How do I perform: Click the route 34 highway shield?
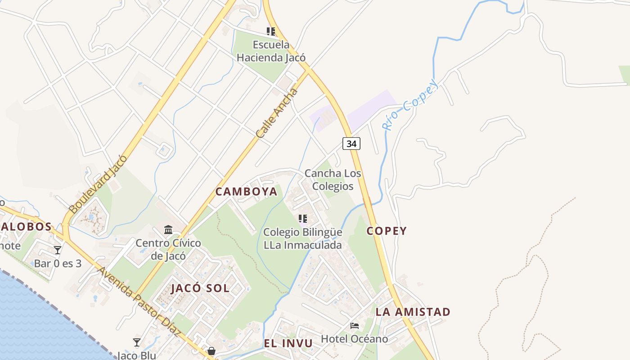coord(351,144)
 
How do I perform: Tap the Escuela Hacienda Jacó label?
coord(271,51)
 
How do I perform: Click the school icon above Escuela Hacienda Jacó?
coord(270,31)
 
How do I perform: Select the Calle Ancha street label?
coord(277,113)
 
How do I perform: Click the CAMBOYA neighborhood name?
coord(246,192)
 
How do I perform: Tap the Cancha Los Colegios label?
coord(333,180)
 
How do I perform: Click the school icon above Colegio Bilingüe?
coord(302,219)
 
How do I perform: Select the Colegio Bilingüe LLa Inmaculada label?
coord(302,238)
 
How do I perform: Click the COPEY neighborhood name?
coord(387,231)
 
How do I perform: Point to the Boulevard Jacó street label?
coord(98,184)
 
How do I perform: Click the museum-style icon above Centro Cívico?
coord(168,229)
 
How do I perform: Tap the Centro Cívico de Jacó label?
coord(168,249)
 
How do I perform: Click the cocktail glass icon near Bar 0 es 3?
coord(58,250)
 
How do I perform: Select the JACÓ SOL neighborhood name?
coord(200,288)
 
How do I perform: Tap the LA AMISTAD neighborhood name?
coord(413,312)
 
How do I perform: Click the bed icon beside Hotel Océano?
coord(355,325)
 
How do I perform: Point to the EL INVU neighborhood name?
coord(288,344)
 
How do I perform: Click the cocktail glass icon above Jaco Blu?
coord(137,342)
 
